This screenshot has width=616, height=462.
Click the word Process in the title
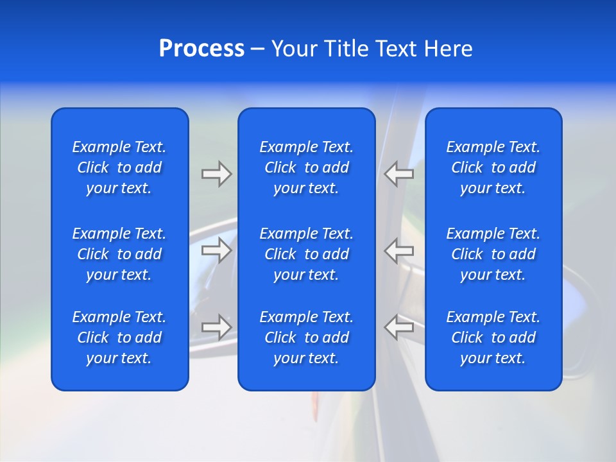(x=201, y=49)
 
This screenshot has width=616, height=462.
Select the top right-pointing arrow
(x=216, y=174)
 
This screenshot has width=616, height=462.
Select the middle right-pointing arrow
(x=216, y=250)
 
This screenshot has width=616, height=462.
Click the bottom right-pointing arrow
(x=216, y=327)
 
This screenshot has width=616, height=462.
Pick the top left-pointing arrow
(x=399, y=174)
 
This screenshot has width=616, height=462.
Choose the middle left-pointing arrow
(x=399, y=250)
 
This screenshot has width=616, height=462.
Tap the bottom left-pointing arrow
(x=399, y=327)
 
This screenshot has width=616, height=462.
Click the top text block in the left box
(x=119, y=167)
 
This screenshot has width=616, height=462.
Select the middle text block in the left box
(x=119, y=254)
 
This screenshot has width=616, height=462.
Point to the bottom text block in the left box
(x=119, y=338)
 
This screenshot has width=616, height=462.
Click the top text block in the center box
(x=306, y=167)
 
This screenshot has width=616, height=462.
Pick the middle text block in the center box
(x=306, y=254)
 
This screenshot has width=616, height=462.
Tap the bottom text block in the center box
(x=306, y=338)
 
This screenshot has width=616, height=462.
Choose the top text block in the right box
(x=493, y=167)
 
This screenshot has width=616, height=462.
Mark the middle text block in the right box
(x=493, y=254)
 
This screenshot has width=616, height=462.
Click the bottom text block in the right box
(x=493, y=338)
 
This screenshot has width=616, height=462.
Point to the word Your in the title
(x=295, y=49)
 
